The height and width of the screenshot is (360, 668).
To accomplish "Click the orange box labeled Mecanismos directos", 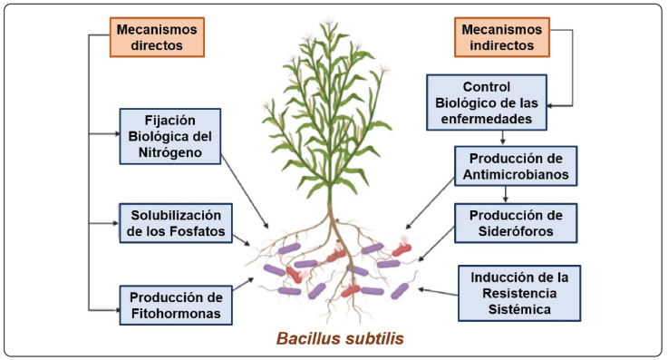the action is click(x=157, y=37).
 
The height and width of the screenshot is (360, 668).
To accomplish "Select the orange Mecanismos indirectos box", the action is click(x=502, y=37).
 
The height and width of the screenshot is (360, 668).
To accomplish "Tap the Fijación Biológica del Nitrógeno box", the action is click(x=170, y=136).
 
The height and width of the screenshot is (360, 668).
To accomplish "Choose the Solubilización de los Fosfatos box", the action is click(x=176, y=223).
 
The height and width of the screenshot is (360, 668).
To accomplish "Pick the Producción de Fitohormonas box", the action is click(x=176, y=306).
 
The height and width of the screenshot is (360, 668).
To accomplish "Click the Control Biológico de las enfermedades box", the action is click(x=487, y=102).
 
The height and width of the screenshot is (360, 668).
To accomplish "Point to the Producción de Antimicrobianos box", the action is click(x=516, y=166).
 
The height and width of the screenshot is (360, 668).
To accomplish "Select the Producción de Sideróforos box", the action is click(x=516, y=223).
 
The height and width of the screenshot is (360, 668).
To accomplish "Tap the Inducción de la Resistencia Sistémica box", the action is click(x=519, y=293).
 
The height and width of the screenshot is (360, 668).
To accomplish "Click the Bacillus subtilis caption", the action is click(x=340, y=339).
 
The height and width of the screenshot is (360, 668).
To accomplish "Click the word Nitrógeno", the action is click(x=170, y=152).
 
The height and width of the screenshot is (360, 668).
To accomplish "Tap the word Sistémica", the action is click(x=519, y=309).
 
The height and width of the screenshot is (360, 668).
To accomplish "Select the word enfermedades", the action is click(x=487, y=119).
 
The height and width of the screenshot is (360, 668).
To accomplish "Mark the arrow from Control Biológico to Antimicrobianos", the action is click(x=503, y=138).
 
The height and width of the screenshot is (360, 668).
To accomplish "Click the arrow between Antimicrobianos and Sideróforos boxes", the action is click(x=506, y=195).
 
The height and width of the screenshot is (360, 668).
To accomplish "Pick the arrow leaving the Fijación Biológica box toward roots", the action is click(x=245, y=191).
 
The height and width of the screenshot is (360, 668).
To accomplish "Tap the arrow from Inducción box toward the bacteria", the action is click(x=438, y=292).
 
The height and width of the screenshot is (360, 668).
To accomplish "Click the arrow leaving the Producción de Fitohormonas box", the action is click(x=243, y=285).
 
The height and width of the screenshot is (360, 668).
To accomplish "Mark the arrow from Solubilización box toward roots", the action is click(x=242, y=240).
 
